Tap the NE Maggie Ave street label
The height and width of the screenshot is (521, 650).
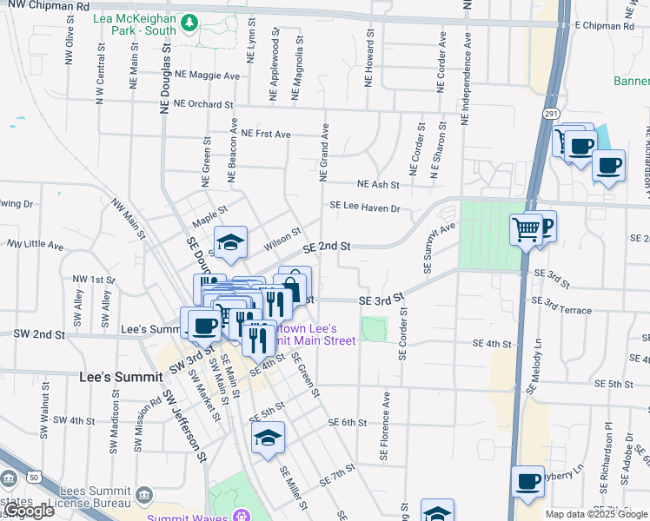[207, 76]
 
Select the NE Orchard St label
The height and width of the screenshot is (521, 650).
[204, 104]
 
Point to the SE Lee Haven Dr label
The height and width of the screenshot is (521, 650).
[364, 208]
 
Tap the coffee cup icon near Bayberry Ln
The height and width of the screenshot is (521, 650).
[527, 482]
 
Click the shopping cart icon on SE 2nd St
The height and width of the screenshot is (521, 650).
[526, 230]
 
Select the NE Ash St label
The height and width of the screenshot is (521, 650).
[378, 185]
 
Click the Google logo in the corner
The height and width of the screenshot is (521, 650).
[28, 511]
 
